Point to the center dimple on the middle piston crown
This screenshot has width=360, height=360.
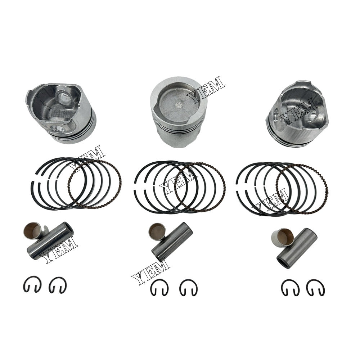tap(179, 105)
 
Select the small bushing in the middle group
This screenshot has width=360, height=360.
tap(156, 232)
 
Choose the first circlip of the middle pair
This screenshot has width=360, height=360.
tap(159, 287)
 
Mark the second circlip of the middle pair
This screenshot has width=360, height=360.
tap(188, 287)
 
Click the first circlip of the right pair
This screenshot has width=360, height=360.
tap(290, 287)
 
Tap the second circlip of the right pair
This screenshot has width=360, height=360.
tap(315, 287)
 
